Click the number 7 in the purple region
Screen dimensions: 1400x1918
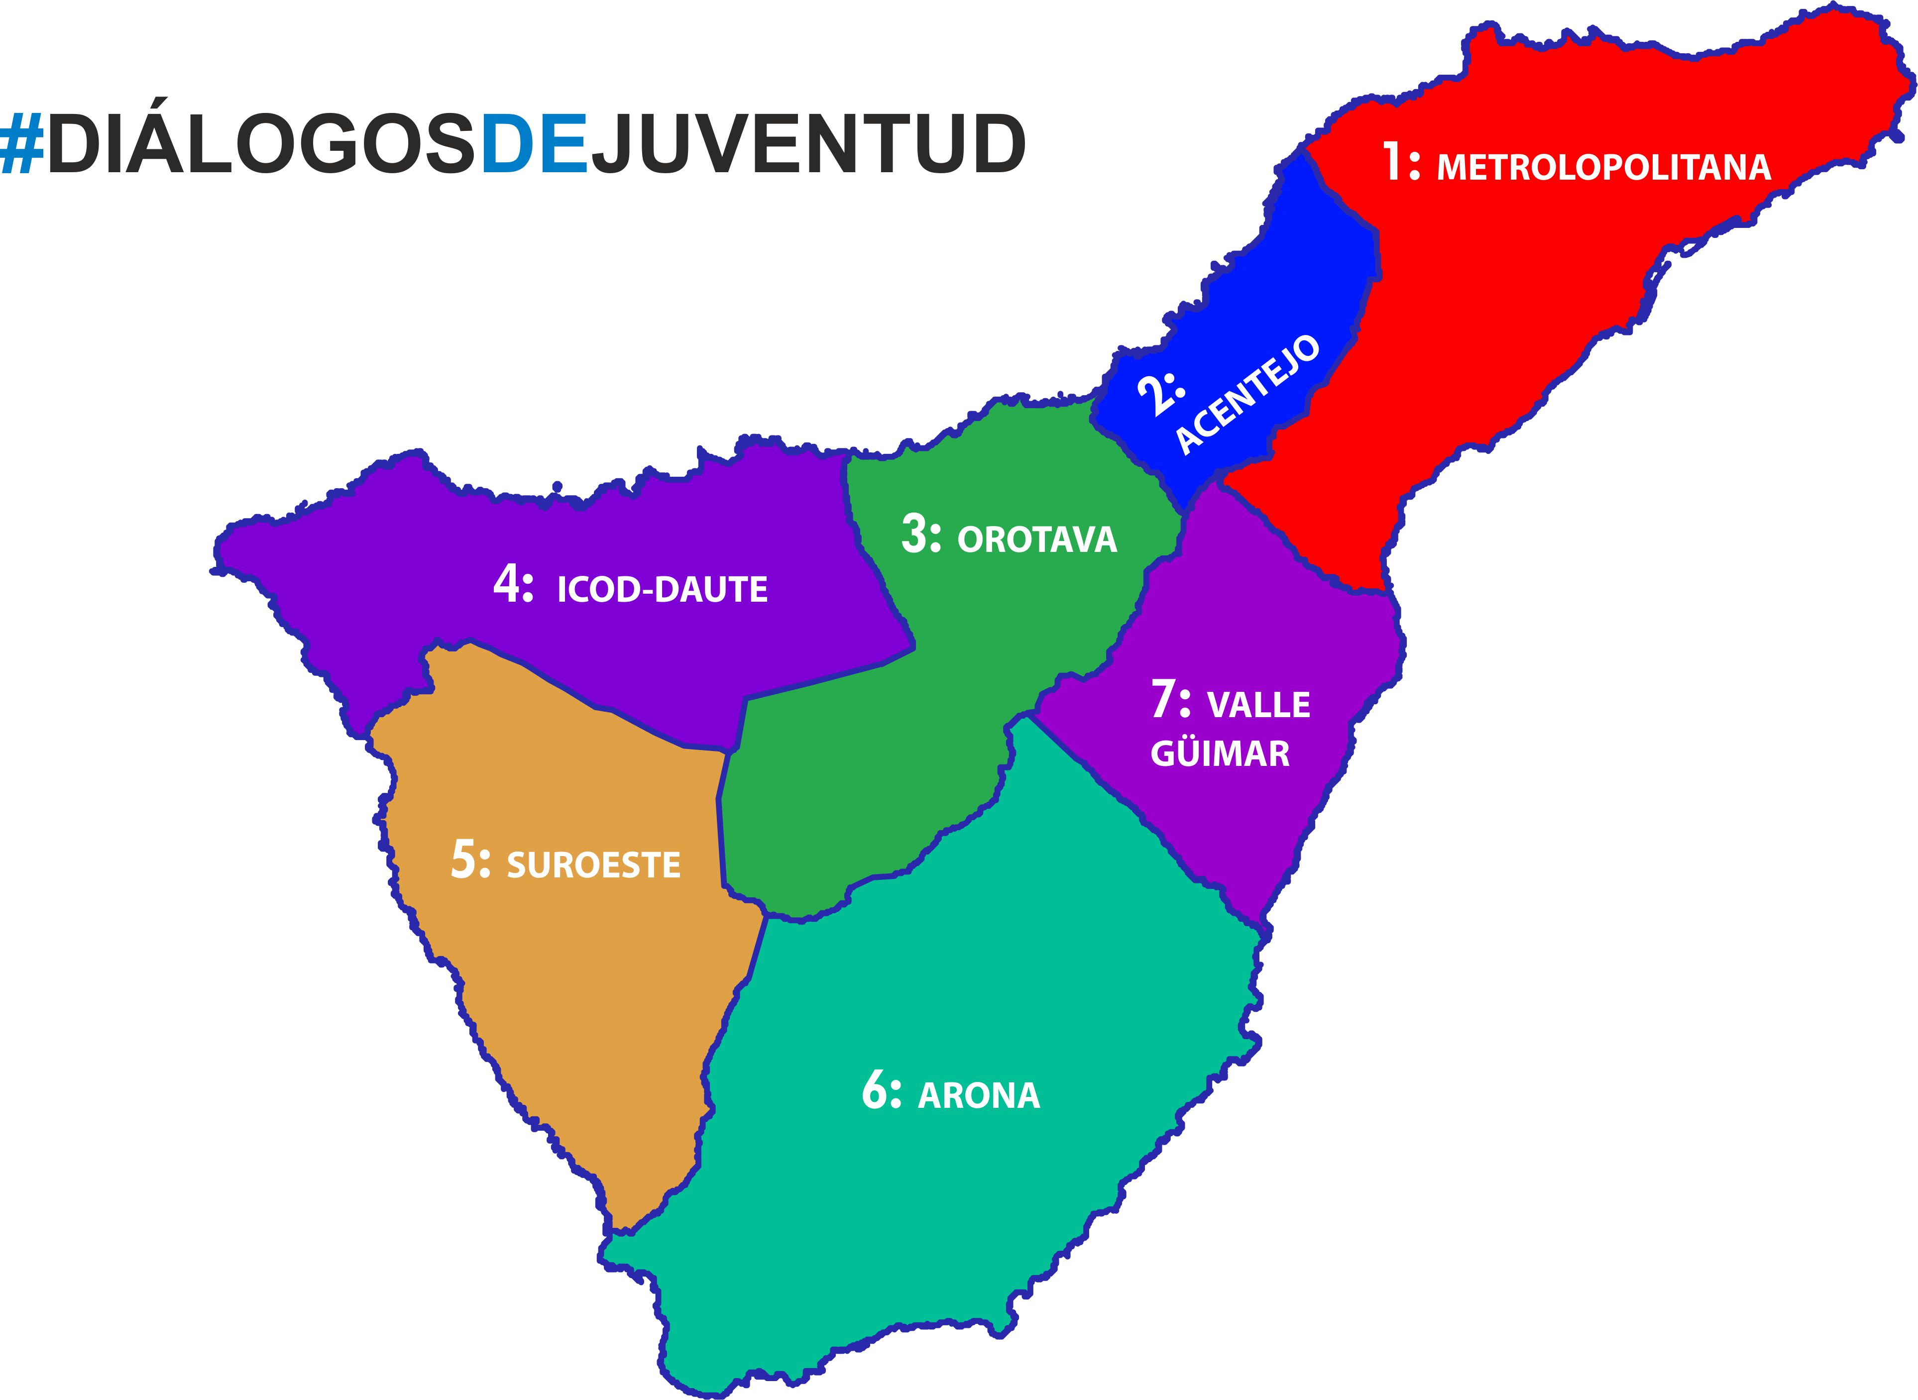1166,700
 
